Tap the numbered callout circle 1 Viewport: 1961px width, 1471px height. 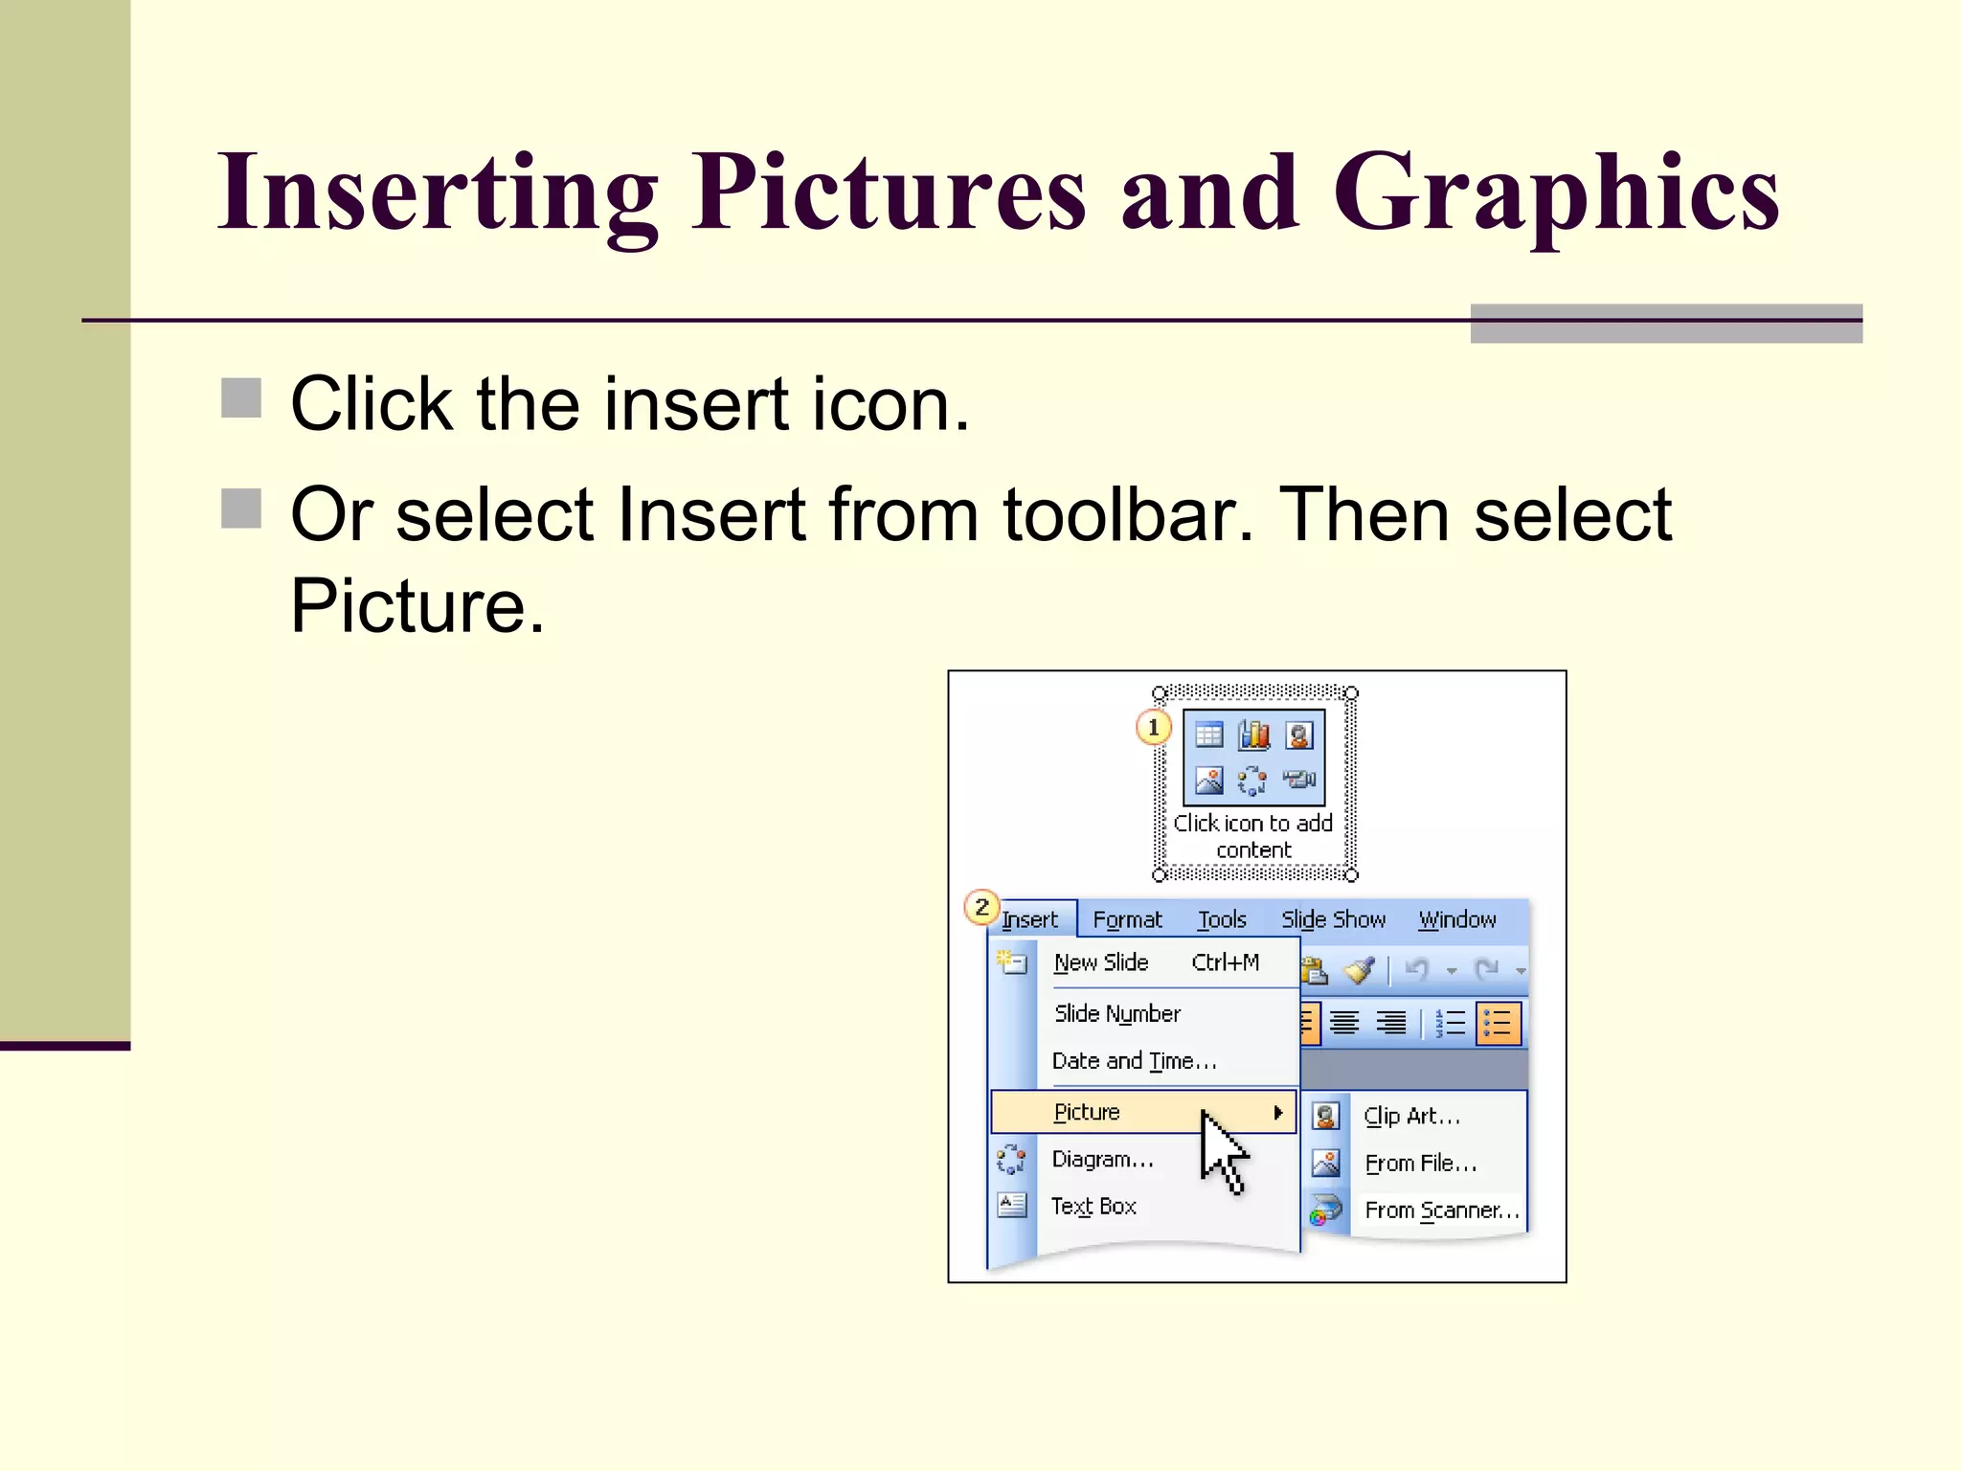[x=1153, y=728]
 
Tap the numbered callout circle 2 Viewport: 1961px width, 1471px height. [x=981, y=906]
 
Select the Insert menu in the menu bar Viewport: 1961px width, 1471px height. [x=1030, y=920]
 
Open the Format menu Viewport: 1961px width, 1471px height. [x=1127, y=920]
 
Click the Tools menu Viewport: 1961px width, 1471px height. [x=1222, y=920]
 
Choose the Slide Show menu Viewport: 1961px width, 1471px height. [x=1333, y=920]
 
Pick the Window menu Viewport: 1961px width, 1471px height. [x=1456, y=920]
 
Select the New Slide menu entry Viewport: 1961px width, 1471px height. [x=1101, y=963]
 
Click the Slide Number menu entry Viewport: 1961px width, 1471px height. [x=1116, y=1013]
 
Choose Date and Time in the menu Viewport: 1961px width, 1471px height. [x=1134, y=1061]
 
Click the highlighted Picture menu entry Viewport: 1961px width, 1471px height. [x=1087, y=1112]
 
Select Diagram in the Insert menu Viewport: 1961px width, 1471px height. [x=1102, y=1160]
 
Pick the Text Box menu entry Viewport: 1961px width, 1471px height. [x=1093, y=1207]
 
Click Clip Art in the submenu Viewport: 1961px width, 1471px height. [x=1411, y=1116]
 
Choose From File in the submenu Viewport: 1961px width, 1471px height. [x=1420, y=1164]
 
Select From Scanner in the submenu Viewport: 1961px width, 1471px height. [x=1441, y=1211]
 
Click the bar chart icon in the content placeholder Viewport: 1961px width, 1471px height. [x=1253, y=735]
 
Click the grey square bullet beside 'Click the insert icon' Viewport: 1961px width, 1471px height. [x=241, y=398]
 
